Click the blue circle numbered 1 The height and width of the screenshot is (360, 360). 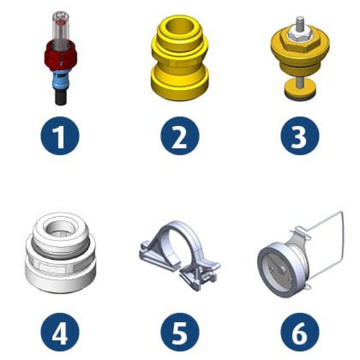coord(60,136)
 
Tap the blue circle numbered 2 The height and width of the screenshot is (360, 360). coord(180,136)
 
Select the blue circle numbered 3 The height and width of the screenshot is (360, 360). coord(300,136)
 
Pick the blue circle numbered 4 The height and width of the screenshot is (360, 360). coord(60,332)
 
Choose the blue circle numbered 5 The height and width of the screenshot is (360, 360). coord(180,332)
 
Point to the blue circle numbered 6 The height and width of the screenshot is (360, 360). coord(300,332)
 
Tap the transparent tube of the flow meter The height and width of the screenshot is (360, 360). coord(61,28)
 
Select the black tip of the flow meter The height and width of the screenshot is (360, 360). coord(61,97)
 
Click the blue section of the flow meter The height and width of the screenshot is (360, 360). coord(60,79)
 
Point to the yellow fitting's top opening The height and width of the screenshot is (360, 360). coord(180,27)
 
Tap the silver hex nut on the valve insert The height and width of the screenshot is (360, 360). coord(300,34)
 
